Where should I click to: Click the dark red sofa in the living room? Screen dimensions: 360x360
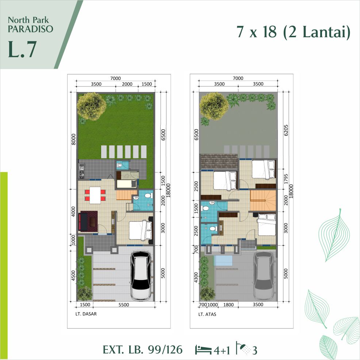[88, 222]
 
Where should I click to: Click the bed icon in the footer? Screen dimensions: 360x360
[204, 349]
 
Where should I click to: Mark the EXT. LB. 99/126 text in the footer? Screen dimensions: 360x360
[142, 350]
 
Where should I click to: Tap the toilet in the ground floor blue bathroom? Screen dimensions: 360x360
[147, 196]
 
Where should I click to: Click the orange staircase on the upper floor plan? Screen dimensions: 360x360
[263, 200]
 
